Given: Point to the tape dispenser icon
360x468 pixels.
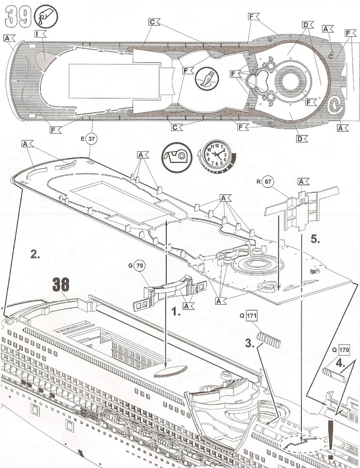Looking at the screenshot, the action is pos(177,157).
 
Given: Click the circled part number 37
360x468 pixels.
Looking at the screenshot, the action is pos(91,139).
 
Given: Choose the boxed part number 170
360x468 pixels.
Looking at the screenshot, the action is pos(344,350).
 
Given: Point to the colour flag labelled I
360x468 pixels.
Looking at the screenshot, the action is pos(40,34).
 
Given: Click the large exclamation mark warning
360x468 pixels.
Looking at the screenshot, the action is pos(331,440).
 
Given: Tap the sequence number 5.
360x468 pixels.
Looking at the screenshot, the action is pos(315,240).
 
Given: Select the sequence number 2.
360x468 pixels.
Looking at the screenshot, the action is pos(35,254).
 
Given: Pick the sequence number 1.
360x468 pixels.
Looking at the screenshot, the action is pos(176,312).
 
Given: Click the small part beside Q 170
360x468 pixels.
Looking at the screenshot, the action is pos(334,375).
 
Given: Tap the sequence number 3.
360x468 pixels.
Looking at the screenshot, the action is pos(250,344).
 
